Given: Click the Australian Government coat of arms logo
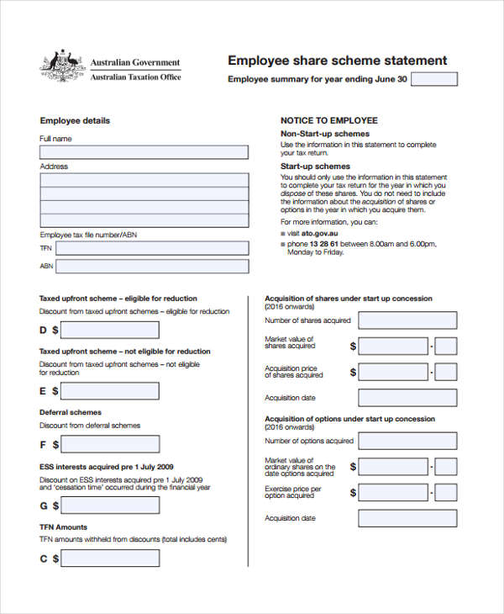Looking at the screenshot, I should (60, 66).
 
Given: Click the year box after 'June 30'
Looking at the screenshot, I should (434, 79).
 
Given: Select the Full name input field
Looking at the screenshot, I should (144, 152).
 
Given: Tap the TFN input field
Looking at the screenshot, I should (154, 248).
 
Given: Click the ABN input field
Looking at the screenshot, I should (154, 266).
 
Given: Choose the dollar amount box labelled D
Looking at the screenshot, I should (110, 331).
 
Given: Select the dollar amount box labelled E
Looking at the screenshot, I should (110, 391).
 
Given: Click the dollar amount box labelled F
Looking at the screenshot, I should (110, 444).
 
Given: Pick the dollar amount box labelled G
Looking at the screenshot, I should (110, 505).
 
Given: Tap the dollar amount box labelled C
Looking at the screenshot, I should (110, 558).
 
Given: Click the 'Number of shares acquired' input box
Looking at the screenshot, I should (407, 320).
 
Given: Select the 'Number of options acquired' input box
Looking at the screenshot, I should (407, 440).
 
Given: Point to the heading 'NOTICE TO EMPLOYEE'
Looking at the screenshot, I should (328, 120).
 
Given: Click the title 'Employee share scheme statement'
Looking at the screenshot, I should (338, 61).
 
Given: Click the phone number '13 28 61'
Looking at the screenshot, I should (323, 243).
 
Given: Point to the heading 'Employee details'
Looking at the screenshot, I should (75, 120).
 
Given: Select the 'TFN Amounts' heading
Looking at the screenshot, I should (63, 527).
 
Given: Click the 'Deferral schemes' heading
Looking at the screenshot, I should (71, 412).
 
